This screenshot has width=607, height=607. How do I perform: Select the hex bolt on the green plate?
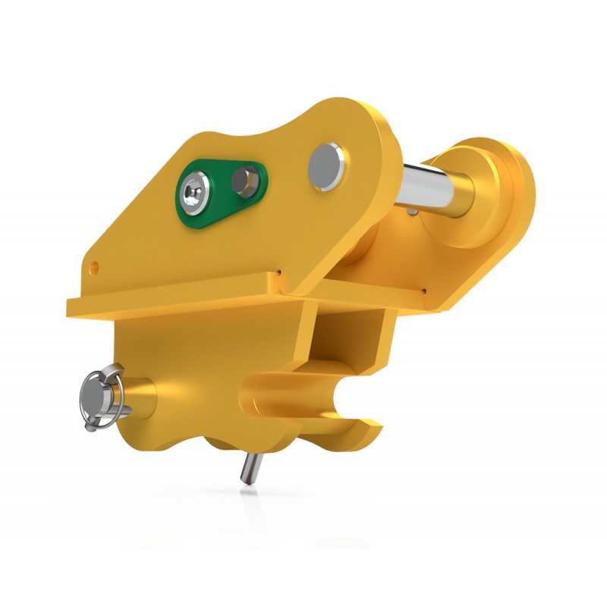(x=245, y=180)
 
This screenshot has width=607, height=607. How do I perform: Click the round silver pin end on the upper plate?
(x=327, y=166)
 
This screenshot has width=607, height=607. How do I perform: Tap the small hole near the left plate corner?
(x=94, y=266)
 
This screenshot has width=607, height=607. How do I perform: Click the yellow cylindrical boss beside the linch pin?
(x=141, y=395)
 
